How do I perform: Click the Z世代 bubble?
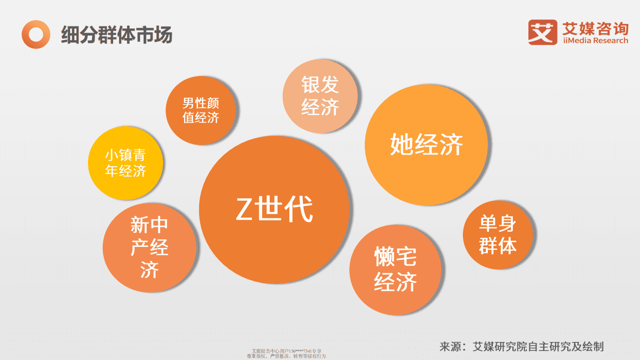pos(274,209)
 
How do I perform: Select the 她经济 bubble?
pos(426,145)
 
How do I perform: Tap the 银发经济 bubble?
pos(320,96)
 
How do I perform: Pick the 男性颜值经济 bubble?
pos(201,110)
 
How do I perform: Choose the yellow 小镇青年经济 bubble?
pos(126,163)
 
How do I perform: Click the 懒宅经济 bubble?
pos(395,270)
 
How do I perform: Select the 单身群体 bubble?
pos(498,235)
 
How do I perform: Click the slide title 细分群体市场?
pos(117,35)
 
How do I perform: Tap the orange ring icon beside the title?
pos(36,35)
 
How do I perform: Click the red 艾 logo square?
pos(542,32)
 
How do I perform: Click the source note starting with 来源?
pos(521,346)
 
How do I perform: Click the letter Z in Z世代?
pos(244,210)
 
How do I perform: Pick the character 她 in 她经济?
pos(401,145)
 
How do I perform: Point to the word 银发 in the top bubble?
pos(320,85)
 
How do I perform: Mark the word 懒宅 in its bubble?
pos(395,257)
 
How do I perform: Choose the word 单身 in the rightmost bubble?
pos(498,224)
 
